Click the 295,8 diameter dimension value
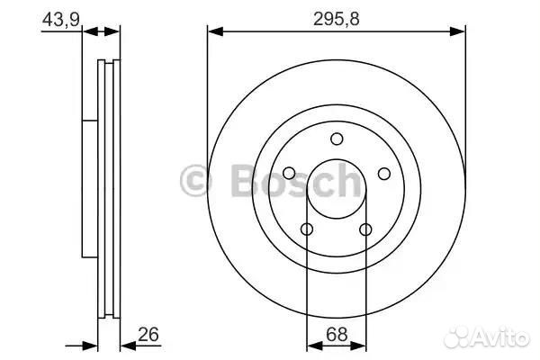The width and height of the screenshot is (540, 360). coord(336,19)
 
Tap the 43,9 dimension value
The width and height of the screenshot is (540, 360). coord(61,19)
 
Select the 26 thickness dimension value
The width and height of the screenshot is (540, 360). coord(148,334)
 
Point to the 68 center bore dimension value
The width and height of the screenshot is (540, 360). coord(337,335)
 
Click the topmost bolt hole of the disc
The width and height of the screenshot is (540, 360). coord(337,139)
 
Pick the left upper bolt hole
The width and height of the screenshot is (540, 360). coord(289,174)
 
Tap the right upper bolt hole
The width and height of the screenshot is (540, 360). coord(384,174)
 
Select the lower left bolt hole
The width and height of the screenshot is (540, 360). coord(307,229)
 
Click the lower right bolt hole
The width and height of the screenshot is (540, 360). coord(365,229)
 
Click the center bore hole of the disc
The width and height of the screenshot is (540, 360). coord(337,188)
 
